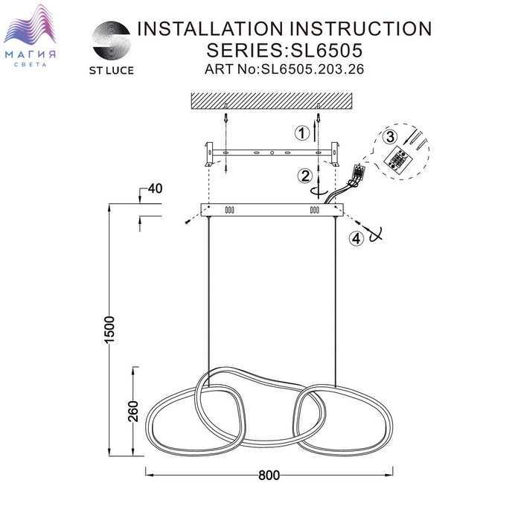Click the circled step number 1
pyautogui.click(x=301, y=134)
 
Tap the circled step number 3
pyautogui.click(x=390, y=137)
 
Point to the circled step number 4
pyautogui.click(x=357, y=238)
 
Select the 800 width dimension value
pyautogui.click(x=270, y=475)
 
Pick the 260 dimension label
pyautogui.click(x=134, y=412)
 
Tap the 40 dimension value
pyautogui.click(x=155, y=189)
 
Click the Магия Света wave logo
pyautogui.click(x=32, y=30)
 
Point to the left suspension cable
pyautogui.click(x=208, y=298)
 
